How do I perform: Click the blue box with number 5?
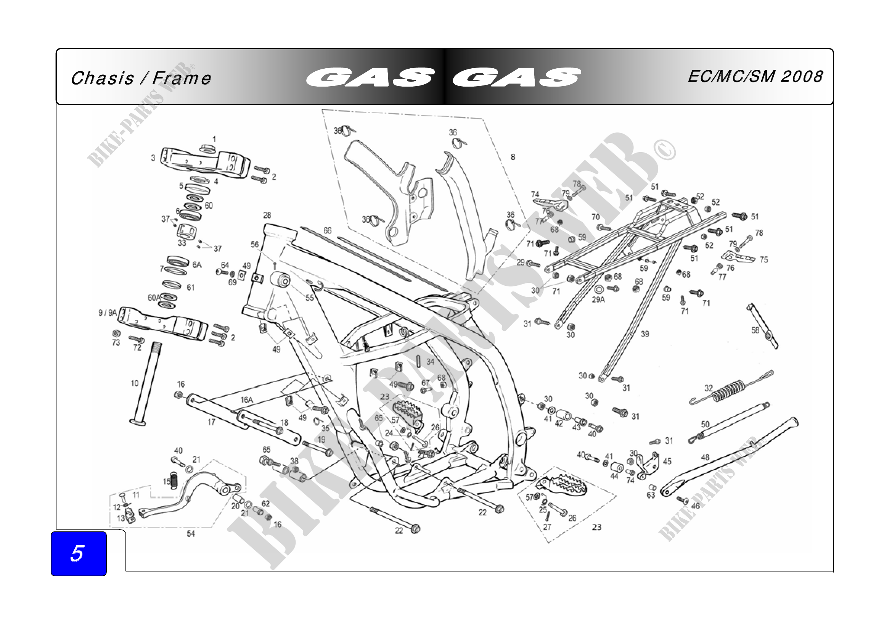79,553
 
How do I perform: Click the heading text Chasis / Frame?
141,78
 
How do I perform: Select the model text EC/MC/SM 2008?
755,77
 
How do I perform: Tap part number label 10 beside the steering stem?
134,383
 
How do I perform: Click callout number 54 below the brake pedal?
191,534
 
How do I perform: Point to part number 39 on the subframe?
644,334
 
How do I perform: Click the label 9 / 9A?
107,313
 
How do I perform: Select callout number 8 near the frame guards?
513,157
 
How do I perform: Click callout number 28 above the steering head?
267,215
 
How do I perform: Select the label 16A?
246,399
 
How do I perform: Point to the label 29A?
598,299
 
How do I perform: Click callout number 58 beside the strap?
755,330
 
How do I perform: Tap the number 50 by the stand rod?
705,424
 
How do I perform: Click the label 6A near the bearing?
197,265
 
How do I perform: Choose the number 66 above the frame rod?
328,230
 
